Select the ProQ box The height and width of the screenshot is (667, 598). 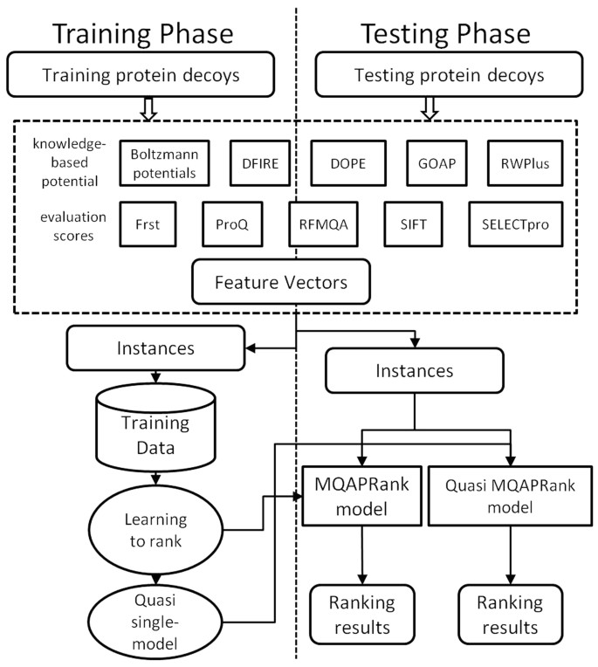(233, 224)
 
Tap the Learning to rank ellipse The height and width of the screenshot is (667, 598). (155, 528)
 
